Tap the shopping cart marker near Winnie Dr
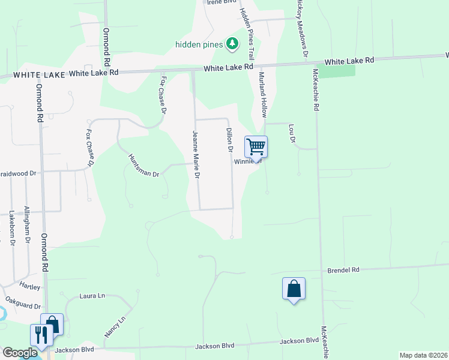coord(256,146)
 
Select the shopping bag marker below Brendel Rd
coord(294,289)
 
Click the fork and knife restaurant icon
coord(41,334)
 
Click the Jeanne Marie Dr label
coord(195,154)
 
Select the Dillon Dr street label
coord(229,139)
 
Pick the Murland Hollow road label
coord(262,94)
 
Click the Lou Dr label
coord(292,133)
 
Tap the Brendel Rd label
coord(343,271)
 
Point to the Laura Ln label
coord(92,296)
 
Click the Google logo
coord(19,353)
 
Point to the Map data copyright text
coord(423,355)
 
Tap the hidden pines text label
coord(199,44)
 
